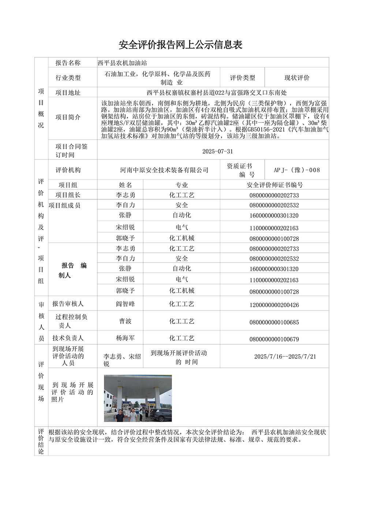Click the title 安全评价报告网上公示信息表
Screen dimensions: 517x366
coord(180,45)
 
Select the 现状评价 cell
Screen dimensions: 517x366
coord(297,78)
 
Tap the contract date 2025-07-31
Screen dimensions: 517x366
coord(217,151)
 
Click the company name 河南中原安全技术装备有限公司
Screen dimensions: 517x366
coord(164,170)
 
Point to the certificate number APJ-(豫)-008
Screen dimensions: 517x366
coord(297,170)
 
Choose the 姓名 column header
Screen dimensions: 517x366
coord(125,185)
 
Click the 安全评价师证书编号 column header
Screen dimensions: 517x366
coord(274,185)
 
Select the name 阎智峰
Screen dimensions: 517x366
coord(125,304)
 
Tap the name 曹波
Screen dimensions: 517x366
coord(125,321)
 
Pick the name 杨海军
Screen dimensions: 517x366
coord(125,338)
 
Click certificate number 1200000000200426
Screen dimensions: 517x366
coord(274,305)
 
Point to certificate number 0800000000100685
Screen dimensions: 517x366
coord(274,322)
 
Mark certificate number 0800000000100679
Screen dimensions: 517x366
coord(274,339)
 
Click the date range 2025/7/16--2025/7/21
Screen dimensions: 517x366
coord(285,356)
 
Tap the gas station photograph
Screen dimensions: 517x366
coord(138,398)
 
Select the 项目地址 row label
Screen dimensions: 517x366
coord(68,93)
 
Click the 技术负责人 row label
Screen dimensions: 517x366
coord(68,338)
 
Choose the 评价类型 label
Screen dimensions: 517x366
coord(242,78)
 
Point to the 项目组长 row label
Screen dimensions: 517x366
coord(68,195)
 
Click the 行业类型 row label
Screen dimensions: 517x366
coord(68,78)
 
